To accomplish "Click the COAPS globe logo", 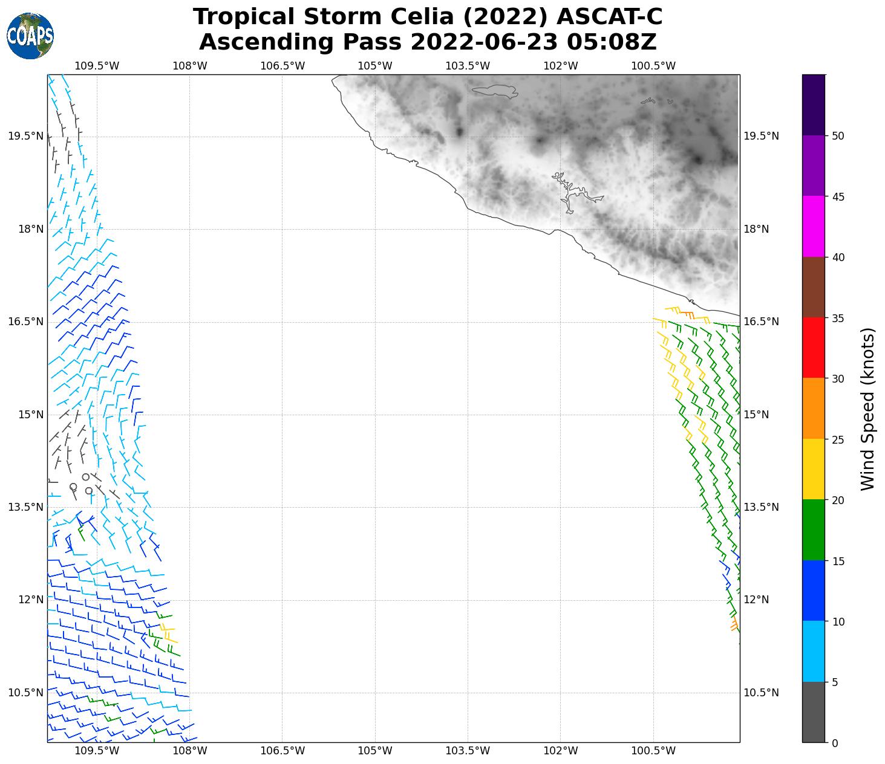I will pos(30,36).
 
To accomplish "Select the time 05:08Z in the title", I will pos(611,42).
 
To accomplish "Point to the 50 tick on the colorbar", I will pos(838,136).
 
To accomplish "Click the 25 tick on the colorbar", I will pos(838,439).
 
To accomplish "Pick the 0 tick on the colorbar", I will pos(835,743).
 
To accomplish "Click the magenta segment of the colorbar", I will pos(813,227).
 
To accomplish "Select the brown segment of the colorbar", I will pos(813,287).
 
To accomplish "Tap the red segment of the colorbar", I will pos(813,348).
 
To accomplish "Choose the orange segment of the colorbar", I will pos(813,409).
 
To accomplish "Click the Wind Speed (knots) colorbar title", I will pos(867,409).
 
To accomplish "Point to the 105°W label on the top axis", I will pos(375,66).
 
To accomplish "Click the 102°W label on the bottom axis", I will pos(561,751).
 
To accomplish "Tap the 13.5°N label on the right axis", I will pos(760,507).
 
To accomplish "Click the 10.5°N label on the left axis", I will pos(26,693).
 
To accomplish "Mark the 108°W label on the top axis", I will pos(190,66).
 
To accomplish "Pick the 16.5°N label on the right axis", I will pos(760,322).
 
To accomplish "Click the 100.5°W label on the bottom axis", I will pos(653,751).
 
